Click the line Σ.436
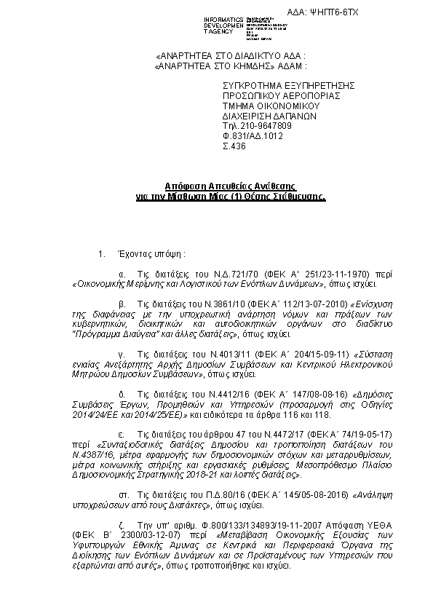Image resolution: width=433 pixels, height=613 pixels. point(234,146)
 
